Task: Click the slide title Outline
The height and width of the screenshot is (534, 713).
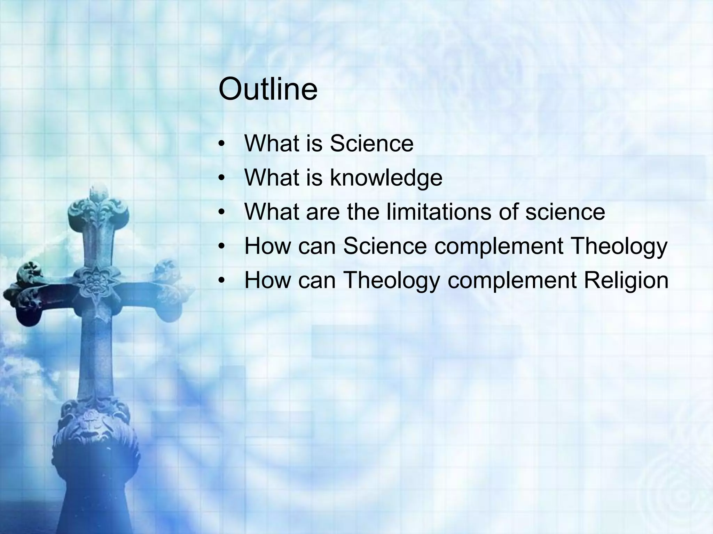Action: click(x=268, y=89)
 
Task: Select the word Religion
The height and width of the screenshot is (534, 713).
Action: click(x=626, y=280)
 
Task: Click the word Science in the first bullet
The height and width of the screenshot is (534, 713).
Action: click(x=371, y=143)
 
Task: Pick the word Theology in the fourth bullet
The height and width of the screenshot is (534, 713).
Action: click(x=619, y=246)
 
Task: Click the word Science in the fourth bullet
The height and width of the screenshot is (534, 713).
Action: click(x=385, y=246)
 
